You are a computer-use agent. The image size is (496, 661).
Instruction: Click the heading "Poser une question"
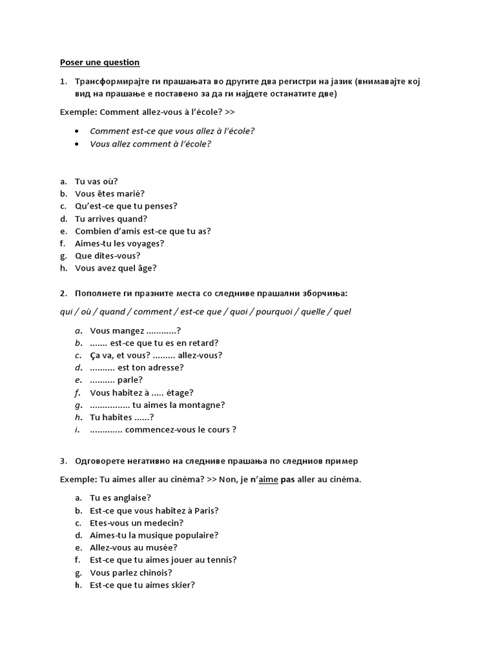coord(99,63)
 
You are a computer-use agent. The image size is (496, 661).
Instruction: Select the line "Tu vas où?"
coord(96,181)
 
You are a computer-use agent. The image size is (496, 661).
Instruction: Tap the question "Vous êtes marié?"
coord(110,194)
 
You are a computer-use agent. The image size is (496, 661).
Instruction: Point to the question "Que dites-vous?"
coord(107,256)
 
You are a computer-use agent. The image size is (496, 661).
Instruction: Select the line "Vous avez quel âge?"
coord(116,268)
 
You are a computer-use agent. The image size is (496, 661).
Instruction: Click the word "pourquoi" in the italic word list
coord(274,312)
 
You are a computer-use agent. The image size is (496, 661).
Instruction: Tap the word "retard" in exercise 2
coord(201,343)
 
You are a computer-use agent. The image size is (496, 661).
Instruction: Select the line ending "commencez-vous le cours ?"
coord(163,429)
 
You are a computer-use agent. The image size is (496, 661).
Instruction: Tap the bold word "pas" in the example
coord(287,480)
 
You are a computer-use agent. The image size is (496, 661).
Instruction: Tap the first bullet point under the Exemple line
coord(77,131)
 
